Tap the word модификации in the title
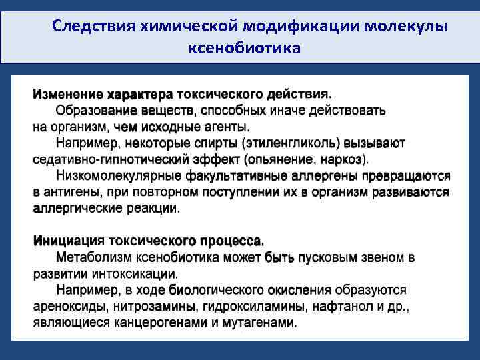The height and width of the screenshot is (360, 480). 301,26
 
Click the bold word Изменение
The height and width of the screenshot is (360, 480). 68,93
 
